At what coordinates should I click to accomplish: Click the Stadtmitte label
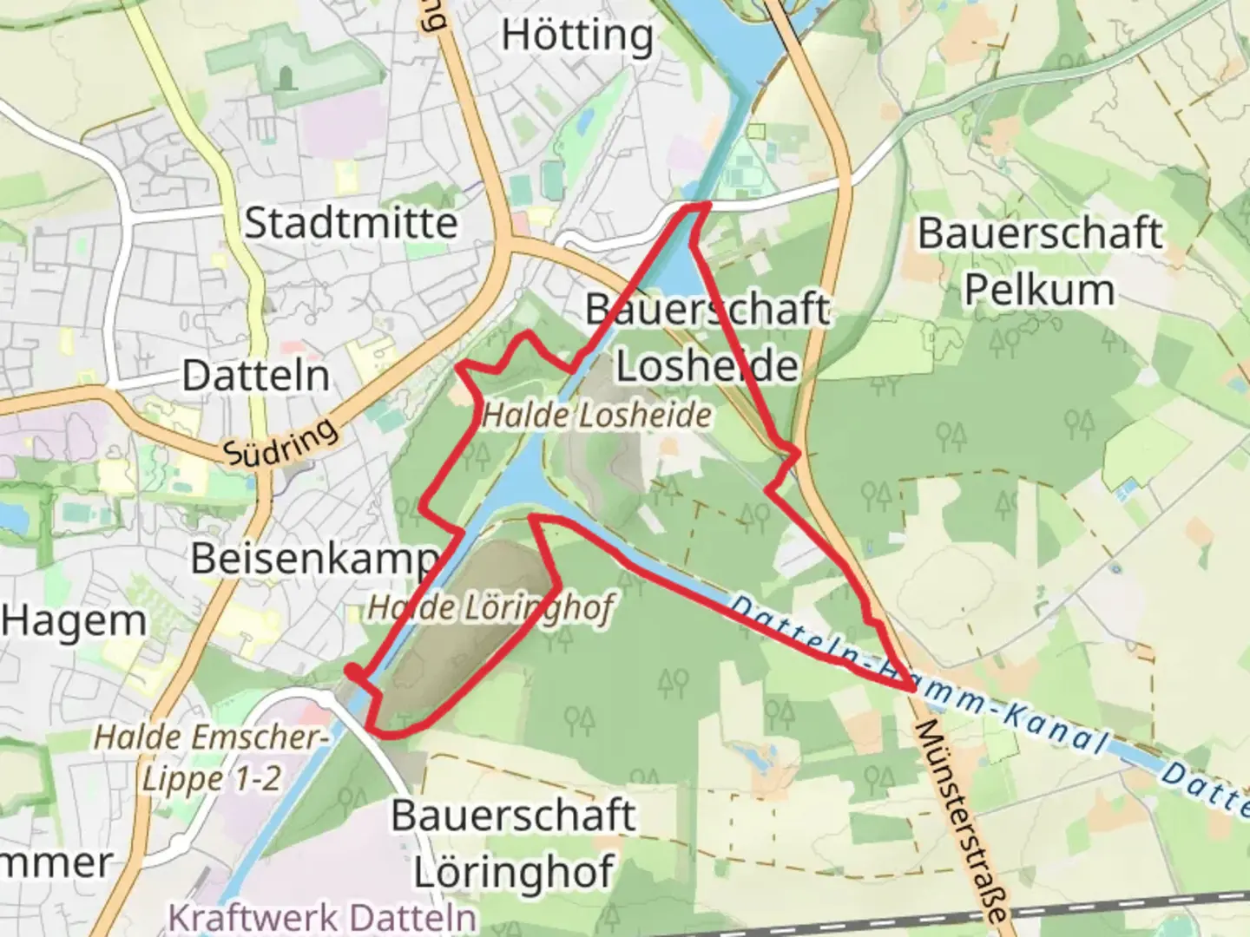click(351, 223)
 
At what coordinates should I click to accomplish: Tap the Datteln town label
click(256, 376)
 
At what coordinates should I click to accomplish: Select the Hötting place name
click(577, 36)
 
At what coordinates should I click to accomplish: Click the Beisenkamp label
click(315, 558)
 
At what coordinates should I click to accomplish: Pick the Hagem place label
click(74, 621)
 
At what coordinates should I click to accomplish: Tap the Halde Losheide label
click(597, 416)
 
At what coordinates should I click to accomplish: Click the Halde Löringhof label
click(491, 607)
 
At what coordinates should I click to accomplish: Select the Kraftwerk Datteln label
click(322, 917)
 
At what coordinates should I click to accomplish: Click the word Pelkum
click(1039, 290)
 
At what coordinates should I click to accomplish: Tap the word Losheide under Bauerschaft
click(707, 365)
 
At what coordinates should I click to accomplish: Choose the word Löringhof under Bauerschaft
click(514, 871)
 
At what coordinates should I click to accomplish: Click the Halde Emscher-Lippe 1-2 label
click(211, 757)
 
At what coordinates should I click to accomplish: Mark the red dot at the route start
click(352, 671)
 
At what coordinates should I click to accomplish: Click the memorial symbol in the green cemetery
click(286, 79)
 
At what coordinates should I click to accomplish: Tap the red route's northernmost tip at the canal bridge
click(694, 206)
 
